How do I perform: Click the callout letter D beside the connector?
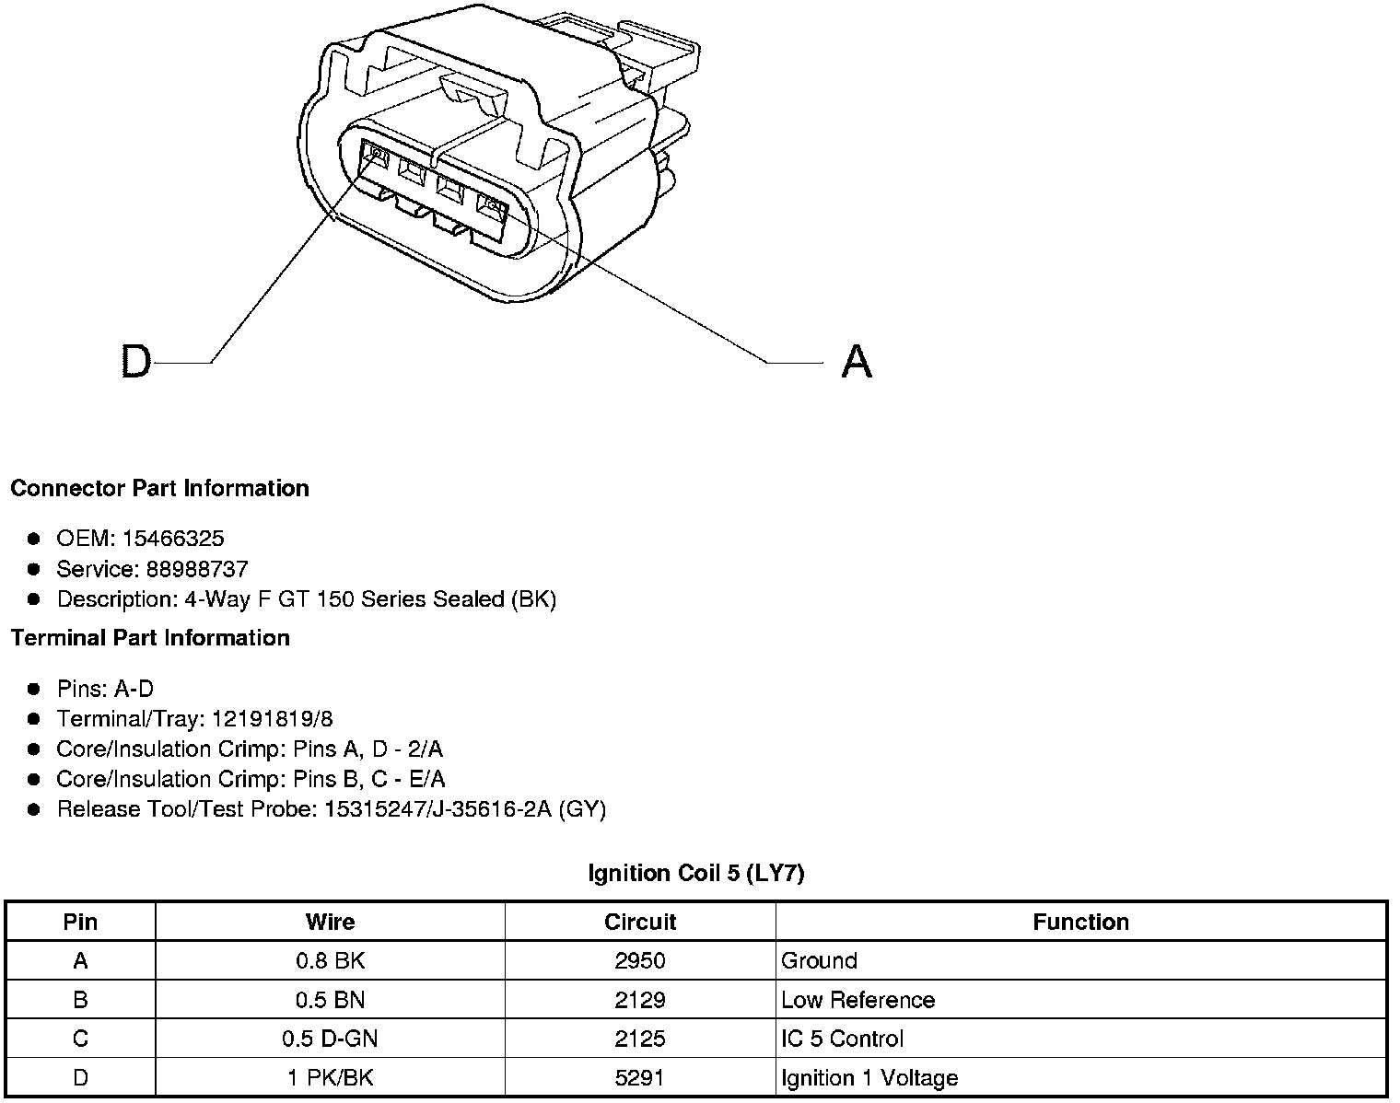click(135, 361)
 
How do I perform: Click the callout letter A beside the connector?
click(857, 361)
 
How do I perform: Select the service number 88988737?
click(197, 569)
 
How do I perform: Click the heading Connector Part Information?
click(159, 488)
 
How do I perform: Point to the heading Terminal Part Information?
click(150, 638)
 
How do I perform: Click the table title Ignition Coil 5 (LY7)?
click(696, 873)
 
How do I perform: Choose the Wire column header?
click(330, 922)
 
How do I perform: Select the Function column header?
click(1080, 922)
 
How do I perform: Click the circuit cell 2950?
click(640, 961)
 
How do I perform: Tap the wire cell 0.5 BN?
click(330, 1000)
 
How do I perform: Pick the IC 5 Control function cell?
click(842, 1039)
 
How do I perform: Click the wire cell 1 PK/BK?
click(330, 1078)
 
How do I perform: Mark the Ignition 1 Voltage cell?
click(869, 1078)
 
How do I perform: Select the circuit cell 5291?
click(640, 1078)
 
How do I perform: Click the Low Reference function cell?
click(857, 1000)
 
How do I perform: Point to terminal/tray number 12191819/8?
click(272, 719)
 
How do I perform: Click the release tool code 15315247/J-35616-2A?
click(438, 809)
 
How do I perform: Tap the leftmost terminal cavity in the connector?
click(377, 156)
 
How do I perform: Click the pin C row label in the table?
click(80, 1039)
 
